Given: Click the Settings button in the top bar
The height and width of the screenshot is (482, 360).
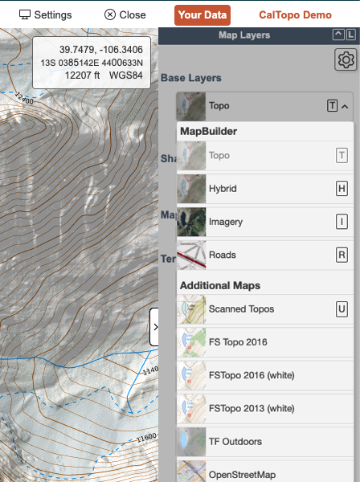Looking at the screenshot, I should (x=45, y=14).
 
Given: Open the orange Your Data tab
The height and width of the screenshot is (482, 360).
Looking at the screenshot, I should (x=202, y=14).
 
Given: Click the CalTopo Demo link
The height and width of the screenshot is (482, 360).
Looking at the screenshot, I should (x=295, y=14).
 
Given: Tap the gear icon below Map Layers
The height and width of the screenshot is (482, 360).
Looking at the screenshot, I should (x=346, y=59).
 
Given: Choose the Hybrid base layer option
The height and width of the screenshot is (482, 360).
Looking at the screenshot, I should (x=223, y=189).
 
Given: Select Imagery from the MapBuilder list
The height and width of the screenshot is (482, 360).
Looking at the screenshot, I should (x=225, y=222).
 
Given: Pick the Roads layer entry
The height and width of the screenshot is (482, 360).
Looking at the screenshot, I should (x=222, y=255).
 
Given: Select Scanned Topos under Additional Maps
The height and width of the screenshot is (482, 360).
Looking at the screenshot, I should (x=240, y=308).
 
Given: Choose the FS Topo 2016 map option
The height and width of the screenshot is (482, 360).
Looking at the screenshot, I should (x=237, y=342).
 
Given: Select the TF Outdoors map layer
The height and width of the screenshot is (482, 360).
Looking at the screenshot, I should (x=236, y=441).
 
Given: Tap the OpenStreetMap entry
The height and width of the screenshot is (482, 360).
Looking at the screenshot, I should (x=242, y=474).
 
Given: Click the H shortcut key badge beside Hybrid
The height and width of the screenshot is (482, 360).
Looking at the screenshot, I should (x=342, y=189).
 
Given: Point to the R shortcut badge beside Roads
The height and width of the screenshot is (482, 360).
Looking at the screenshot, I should (x=342, y=255).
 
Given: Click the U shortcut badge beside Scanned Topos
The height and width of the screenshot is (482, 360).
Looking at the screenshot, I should (x=342, y=308).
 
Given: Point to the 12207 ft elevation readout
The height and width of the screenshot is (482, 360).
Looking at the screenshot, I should (x=84, y=76).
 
